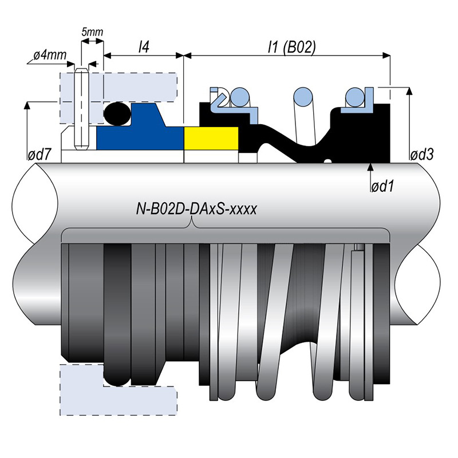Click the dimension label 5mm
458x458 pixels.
[92, 32]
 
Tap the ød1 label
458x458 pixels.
[385, 187]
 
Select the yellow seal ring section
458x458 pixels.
[211, 138]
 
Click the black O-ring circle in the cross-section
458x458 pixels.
[117, 113]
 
